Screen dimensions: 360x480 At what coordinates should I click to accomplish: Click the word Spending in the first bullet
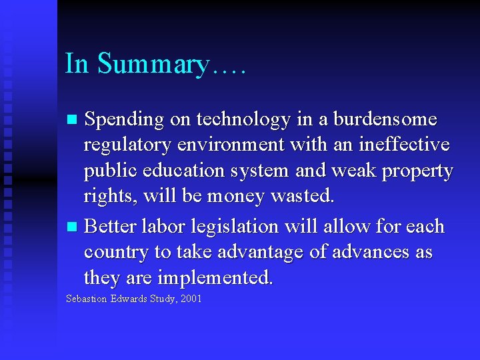tap(124, 120)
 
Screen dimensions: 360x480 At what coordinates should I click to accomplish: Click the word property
tap(417, 171)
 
